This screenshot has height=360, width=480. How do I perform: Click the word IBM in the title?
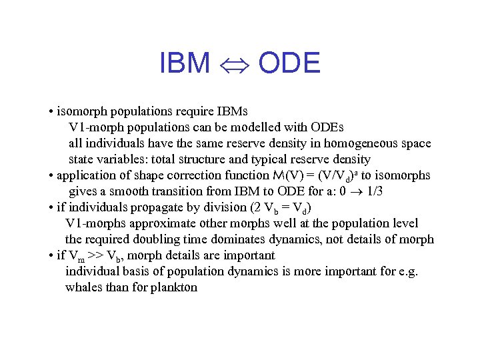(185, 63)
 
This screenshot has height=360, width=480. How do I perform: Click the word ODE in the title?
(289, 63)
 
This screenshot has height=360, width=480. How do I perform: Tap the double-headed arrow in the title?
(234, 64)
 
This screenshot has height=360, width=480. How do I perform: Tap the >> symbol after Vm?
(93, 255)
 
